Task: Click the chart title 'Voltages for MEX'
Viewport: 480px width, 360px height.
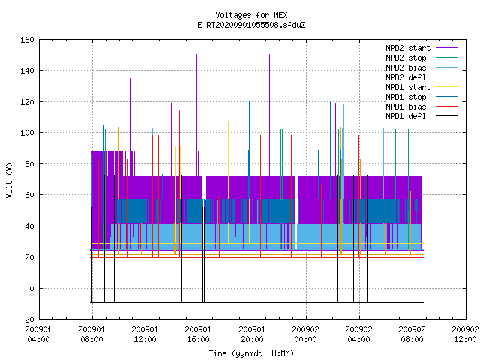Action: point(251,15)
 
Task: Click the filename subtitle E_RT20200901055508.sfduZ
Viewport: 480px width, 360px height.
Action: point(251,25)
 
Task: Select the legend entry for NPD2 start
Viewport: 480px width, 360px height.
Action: point(421,48)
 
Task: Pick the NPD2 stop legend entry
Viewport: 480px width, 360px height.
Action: point(421,58)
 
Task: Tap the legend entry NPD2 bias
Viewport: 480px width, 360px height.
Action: point(421,67)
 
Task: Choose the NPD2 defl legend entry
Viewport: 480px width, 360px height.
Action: point(421,77)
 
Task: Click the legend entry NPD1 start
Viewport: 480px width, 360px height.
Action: point(421,87)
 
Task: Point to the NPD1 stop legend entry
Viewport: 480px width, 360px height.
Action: point(421,97)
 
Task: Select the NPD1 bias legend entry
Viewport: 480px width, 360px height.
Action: point(421,106)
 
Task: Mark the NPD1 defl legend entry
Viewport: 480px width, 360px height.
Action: point(421,117)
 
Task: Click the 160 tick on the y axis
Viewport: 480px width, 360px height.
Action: point(27,40)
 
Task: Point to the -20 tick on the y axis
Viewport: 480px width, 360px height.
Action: point(27,319)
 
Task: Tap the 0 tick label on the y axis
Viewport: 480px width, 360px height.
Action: point(31,288)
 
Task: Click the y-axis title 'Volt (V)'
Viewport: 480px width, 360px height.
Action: point(10,180)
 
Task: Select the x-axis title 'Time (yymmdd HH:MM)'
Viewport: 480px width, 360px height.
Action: point(251,353)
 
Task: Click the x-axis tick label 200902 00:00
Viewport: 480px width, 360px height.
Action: point(305,334)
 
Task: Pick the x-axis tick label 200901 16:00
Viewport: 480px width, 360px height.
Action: point(199,334)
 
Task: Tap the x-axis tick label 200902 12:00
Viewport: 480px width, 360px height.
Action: point(465,334)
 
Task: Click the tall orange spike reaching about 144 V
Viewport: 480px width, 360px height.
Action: point(322,159)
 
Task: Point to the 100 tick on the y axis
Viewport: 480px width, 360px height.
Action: point(27,133)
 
